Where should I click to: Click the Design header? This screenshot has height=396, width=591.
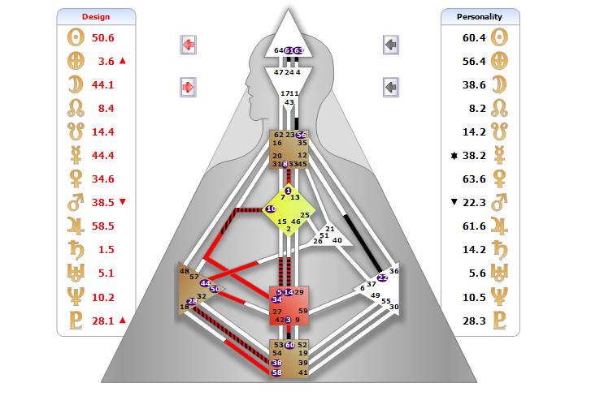tap(96, 16)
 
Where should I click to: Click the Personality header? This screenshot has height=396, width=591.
tap(480, 16)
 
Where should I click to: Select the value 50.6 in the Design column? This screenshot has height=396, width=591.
tap(103, 37)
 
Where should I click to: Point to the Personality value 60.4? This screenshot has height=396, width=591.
tap(474, 37)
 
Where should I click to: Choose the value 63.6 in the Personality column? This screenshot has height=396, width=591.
tap(474, 179)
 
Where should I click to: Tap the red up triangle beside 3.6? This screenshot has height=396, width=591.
tap(123, 61)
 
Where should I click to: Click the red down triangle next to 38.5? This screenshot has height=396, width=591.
tap(123, 202)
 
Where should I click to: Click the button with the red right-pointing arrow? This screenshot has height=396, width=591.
tap(189, 85)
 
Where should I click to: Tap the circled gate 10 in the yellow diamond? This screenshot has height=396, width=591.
tap(271, 209)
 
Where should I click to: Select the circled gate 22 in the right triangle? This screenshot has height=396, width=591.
tap(383, 278)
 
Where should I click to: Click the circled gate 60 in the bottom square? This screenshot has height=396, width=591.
tap(289, 345)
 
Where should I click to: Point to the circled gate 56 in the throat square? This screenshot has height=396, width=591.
tap(302, 135)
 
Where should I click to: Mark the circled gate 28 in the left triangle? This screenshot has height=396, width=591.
tap(193, 302)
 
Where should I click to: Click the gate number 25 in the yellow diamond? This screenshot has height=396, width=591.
tap(305, 216)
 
